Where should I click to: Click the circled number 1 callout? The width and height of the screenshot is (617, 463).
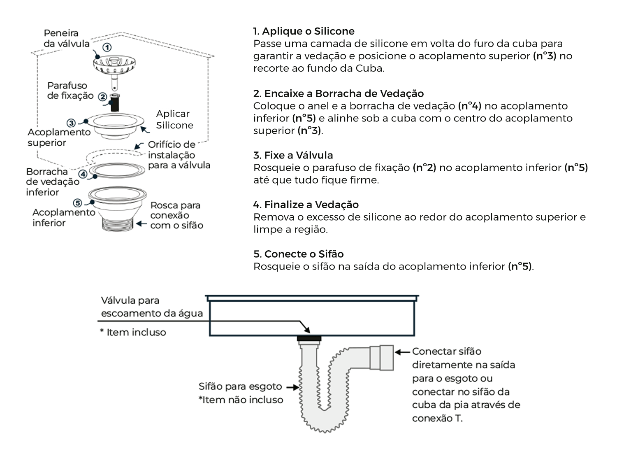tap(107, 47)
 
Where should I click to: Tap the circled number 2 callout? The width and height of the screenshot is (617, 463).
tap(102, 97)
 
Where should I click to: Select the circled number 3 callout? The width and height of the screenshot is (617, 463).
tap(71, 123)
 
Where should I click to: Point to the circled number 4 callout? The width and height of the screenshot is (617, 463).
tap(83, 174)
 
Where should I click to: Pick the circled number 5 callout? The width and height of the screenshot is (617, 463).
tap(77, 203)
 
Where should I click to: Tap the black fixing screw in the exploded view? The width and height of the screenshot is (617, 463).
tap(116, 102)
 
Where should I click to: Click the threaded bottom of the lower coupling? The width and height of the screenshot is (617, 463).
tap(117, 224)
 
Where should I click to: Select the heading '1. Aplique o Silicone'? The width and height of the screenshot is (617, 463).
tap(304, 31)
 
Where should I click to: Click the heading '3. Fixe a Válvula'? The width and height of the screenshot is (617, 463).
tap(293, 155)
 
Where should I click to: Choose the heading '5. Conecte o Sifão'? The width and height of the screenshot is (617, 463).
tap(298, 254)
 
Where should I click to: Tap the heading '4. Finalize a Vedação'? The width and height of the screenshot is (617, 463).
tap(306, 205)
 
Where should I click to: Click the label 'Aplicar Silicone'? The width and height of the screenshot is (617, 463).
tap(174, 119)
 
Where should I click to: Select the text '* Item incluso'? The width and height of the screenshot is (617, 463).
tap(133, 332)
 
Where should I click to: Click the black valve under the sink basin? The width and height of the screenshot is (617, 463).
tap(308, 339)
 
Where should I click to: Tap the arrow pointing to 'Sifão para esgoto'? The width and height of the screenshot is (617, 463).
tap(292, 387)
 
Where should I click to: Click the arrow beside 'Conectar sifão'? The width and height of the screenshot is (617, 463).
tap(403, 352)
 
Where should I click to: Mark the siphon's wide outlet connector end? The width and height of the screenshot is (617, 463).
tap(382, 357)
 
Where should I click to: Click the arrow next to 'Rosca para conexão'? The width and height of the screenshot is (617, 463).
tap(141, 224)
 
